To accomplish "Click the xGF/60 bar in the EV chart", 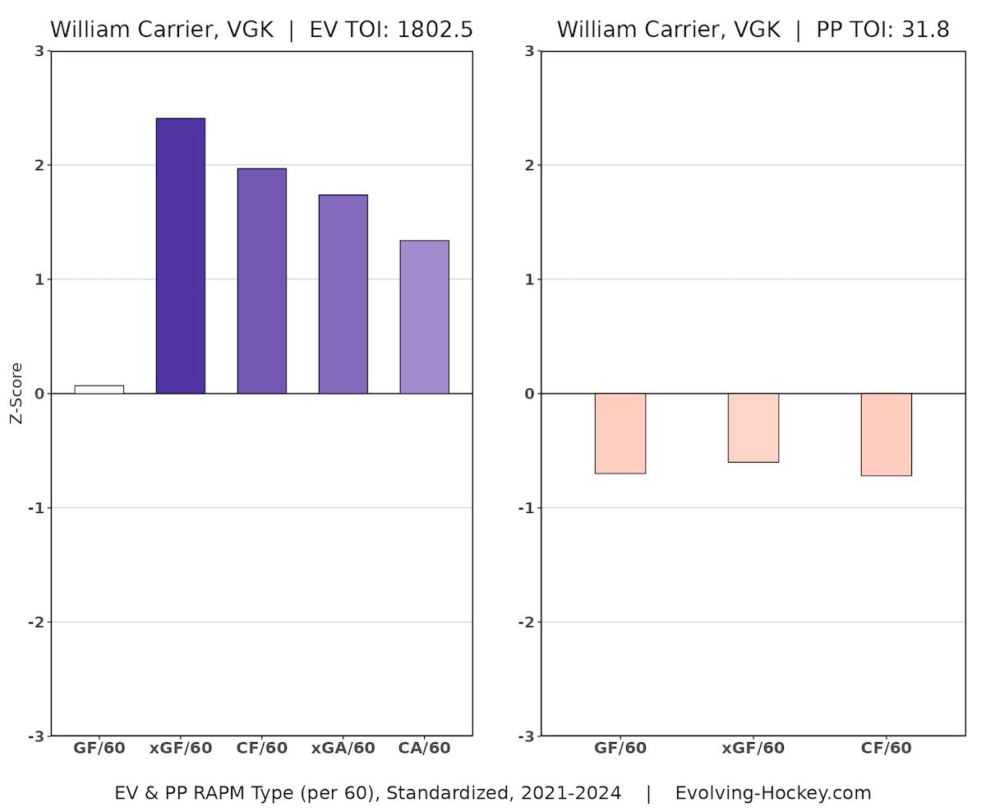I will (180, 256).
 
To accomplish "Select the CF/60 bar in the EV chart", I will (261, 280).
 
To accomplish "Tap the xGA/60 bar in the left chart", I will (343, 293).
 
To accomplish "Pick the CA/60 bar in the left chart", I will (424, 316).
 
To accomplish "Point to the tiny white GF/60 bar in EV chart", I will (99, 390).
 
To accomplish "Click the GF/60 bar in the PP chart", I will (620, 433).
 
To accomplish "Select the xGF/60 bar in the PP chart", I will (753, 427).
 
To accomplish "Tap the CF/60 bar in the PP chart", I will (886, 434).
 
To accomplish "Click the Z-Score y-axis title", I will (16, 393).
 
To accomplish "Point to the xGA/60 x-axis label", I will (343, 748).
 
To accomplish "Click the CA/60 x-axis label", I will (424, 748).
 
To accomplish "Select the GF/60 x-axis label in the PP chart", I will (620, 748).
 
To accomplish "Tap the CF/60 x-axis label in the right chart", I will (886, 748).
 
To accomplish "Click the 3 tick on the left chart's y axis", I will (39, 51).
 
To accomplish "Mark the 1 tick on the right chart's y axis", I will (530, 279).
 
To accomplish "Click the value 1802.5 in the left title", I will (435, 30).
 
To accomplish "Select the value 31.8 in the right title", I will (926, 30).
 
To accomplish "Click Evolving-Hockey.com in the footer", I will (772, 793).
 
